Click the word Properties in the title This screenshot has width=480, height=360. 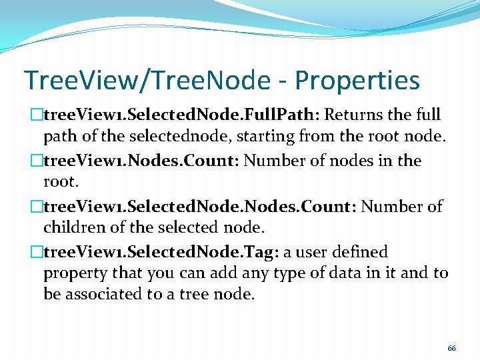coord(357,81)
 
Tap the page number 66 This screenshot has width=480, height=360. coord(451,349)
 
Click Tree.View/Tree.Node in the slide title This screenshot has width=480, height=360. coord(140,81)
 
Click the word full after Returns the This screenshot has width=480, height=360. coord(427,115)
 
